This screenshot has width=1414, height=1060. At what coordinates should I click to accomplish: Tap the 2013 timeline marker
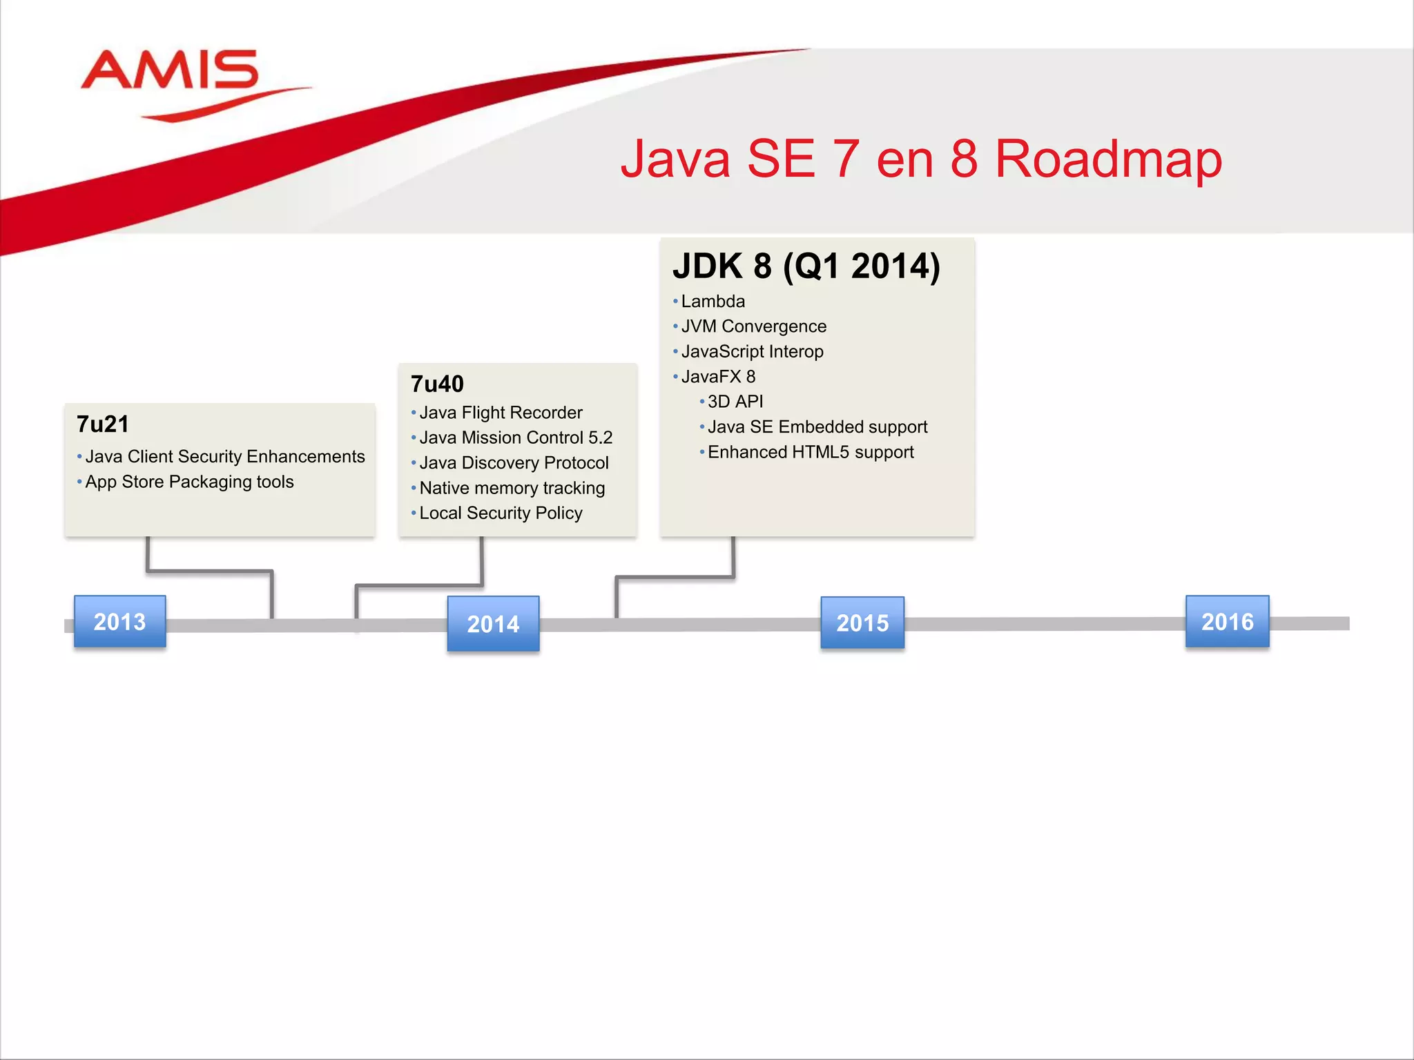pos(120,622)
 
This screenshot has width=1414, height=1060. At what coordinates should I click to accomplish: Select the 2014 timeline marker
pos(493,624)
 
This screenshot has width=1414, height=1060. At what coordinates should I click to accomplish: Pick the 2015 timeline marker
pos(862,623)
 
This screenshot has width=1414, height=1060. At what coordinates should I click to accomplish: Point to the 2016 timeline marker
pos(1227,622)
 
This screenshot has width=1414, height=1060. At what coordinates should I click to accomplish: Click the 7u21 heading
pos(103,424)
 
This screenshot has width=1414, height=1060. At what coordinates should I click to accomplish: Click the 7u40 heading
pos(437,384)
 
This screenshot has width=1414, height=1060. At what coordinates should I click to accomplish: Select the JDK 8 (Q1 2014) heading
pos(806,266)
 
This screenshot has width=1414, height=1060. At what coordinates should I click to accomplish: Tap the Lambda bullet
pos(713,302)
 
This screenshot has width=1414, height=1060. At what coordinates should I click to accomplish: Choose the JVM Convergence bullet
pos(753,326)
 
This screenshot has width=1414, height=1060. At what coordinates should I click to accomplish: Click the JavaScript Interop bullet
pos(752,352)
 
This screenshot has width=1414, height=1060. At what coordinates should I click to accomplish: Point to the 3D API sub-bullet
pos(735,402)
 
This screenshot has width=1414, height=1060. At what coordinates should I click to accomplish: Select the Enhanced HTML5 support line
pos(811,452)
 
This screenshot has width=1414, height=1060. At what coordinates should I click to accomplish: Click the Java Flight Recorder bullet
pos(501,413)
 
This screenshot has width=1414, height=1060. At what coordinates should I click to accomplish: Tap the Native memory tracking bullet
pos(512,488)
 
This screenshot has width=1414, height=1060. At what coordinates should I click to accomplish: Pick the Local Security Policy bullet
pos(501,513)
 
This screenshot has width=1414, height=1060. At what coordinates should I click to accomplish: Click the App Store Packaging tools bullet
pos(189,482)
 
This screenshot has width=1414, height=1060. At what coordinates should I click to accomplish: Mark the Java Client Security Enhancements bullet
pos(224,457)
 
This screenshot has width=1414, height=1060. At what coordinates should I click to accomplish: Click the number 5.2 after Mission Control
pos(600,438)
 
